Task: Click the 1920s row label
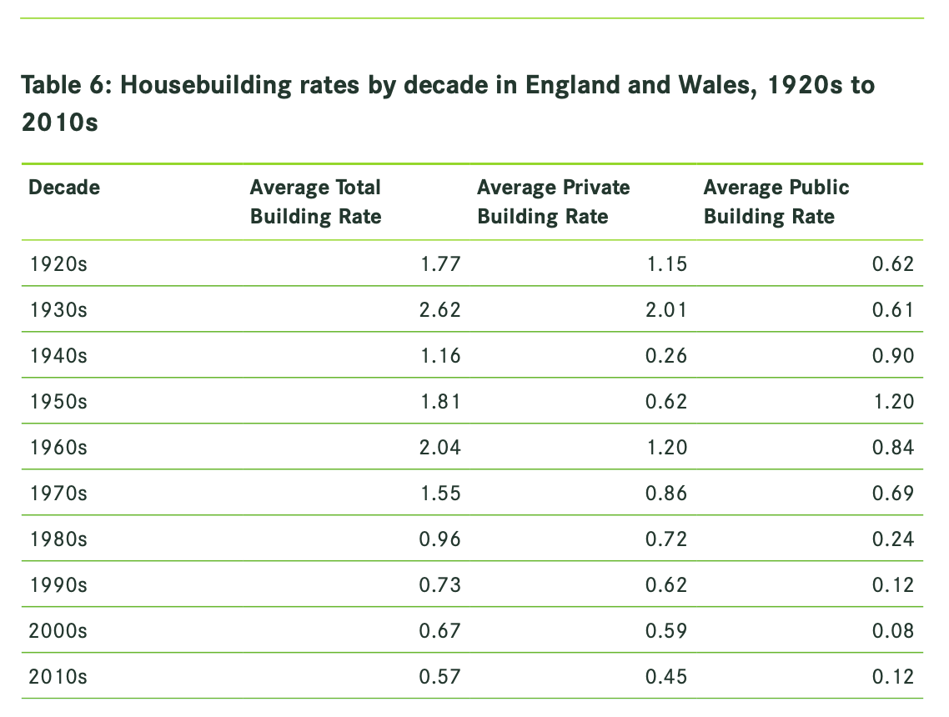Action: pos(58,264)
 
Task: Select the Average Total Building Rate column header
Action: pos(315,202)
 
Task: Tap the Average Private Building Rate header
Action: pos(553,202)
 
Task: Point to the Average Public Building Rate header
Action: pos(776,202)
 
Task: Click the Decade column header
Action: pos(64,188)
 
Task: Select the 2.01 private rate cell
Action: pos(666,310)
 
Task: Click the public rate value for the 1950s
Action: pos(893,402)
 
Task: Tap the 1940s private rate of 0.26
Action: pos(666,356)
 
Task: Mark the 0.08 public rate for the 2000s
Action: pos(893,631)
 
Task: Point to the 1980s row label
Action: pos(58,539)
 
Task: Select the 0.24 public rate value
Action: pos(893,539)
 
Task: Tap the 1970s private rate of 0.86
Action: pos(666,494)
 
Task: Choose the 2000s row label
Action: pos(58,631)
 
